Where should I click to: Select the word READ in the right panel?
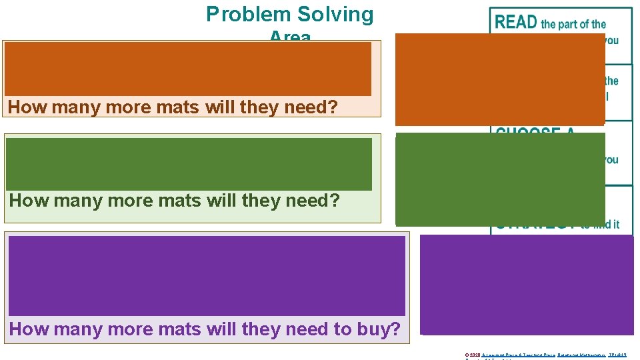tap(516, 22)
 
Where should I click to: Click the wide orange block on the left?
tap(188, 69)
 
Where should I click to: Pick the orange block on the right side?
tap(499, 79)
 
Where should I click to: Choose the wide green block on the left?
tap(189, 164)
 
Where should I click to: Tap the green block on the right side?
tap(499, 179)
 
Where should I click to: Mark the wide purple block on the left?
tap(207, 275)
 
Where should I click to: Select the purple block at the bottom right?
tap(527, 284)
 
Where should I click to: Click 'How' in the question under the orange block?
tap(25, 107)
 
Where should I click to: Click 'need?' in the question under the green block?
tap(313, 200)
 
